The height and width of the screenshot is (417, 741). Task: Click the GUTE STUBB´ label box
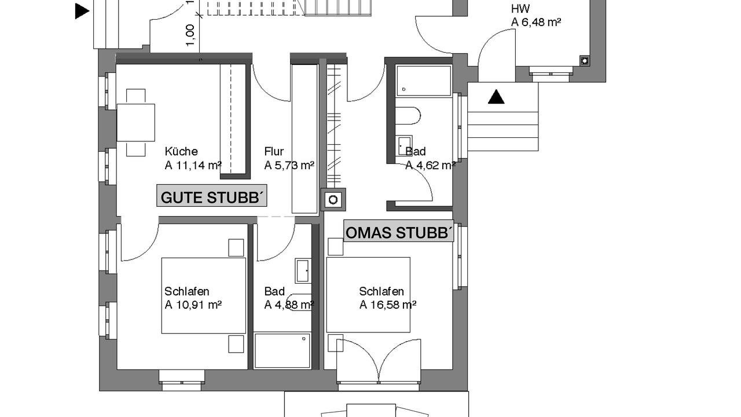[212, 196]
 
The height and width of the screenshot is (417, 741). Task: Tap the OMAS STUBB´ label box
[398, 231]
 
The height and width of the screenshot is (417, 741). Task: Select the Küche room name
[181, 152]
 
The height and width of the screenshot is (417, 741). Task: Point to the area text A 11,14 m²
[193, 165]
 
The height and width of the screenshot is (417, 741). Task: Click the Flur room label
[274, 152]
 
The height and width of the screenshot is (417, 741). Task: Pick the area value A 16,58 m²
[388, 305]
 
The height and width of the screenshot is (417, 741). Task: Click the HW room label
[520, 9]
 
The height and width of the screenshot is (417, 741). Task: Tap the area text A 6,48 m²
[536, 22]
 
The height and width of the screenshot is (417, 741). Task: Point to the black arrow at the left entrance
[82, 11]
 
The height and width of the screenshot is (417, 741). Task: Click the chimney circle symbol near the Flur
[333, 200]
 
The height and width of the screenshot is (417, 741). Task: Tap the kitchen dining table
[135, 122]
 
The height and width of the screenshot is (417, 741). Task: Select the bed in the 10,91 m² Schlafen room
[204, 295]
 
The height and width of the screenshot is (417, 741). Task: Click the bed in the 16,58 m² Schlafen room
[368, 295]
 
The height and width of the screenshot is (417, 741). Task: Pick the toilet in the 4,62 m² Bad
[408, 115]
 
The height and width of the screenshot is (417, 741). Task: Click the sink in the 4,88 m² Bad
[303, 270]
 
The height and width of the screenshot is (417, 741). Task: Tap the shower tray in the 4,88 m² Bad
[282, 351]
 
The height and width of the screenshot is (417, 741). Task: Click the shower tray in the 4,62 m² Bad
[424, 81]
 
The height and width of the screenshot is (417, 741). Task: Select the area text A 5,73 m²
[289, 165]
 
